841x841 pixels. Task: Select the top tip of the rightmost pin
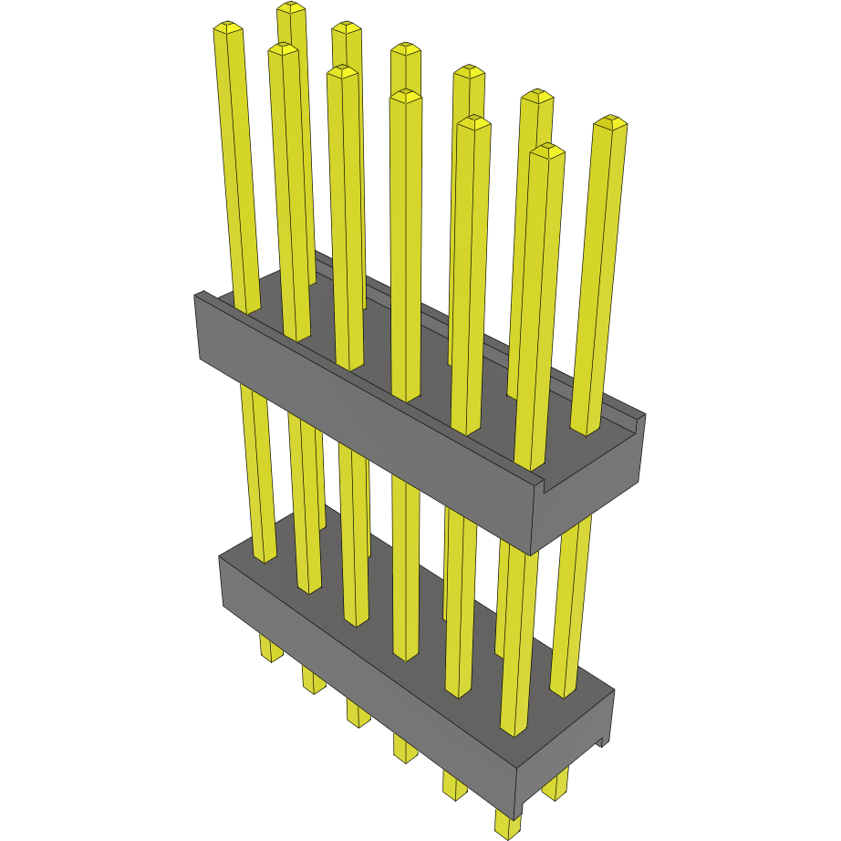[x=610, y=122]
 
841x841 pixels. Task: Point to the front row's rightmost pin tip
[x=545, y=151]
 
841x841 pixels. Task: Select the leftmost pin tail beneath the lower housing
[x=271, y=649]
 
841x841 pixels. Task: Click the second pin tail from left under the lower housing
[x=313, y=680]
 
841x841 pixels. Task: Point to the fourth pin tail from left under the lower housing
[x=405, y=748]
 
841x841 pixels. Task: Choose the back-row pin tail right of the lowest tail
[x=555, y=784]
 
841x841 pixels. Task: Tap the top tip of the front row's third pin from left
[x=343, y=72]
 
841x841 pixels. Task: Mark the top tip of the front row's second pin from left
[x=284, y=49]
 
